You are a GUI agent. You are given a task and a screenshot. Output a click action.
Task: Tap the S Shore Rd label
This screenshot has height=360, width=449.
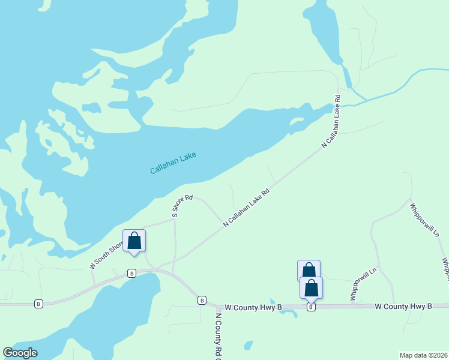pos(182,206)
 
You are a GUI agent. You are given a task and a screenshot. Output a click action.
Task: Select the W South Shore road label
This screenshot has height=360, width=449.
pos(106,256)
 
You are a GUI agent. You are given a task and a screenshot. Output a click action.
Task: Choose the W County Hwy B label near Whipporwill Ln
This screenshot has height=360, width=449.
pos(403,307)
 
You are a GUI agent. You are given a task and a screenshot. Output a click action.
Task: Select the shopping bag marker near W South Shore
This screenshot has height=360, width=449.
pos(134,241)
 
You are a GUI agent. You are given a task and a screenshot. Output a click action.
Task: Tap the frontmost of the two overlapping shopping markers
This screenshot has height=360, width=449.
pos(311,288)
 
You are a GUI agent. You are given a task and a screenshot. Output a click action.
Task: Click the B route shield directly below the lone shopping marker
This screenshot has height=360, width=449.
pos(131,273)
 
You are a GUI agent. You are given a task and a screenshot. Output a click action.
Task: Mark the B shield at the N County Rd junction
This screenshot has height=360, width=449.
pos(202,300)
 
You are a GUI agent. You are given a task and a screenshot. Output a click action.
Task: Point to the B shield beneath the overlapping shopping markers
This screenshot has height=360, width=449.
pos(311,307)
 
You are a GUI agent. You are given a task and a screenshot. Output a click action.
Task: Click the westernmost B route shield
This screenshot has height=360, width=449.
pos(39,304)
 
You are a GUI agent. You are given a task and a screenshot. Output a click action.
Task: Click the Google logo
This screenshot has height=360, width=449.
pos(20,353)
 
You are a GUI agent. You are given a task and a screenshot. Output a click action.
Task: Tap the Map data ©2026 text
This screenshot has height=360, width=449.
pos(423,355)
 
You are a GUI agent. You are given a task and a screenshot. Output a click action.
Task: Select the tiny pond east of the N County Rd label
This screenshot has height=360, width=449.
pos(248,346)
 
